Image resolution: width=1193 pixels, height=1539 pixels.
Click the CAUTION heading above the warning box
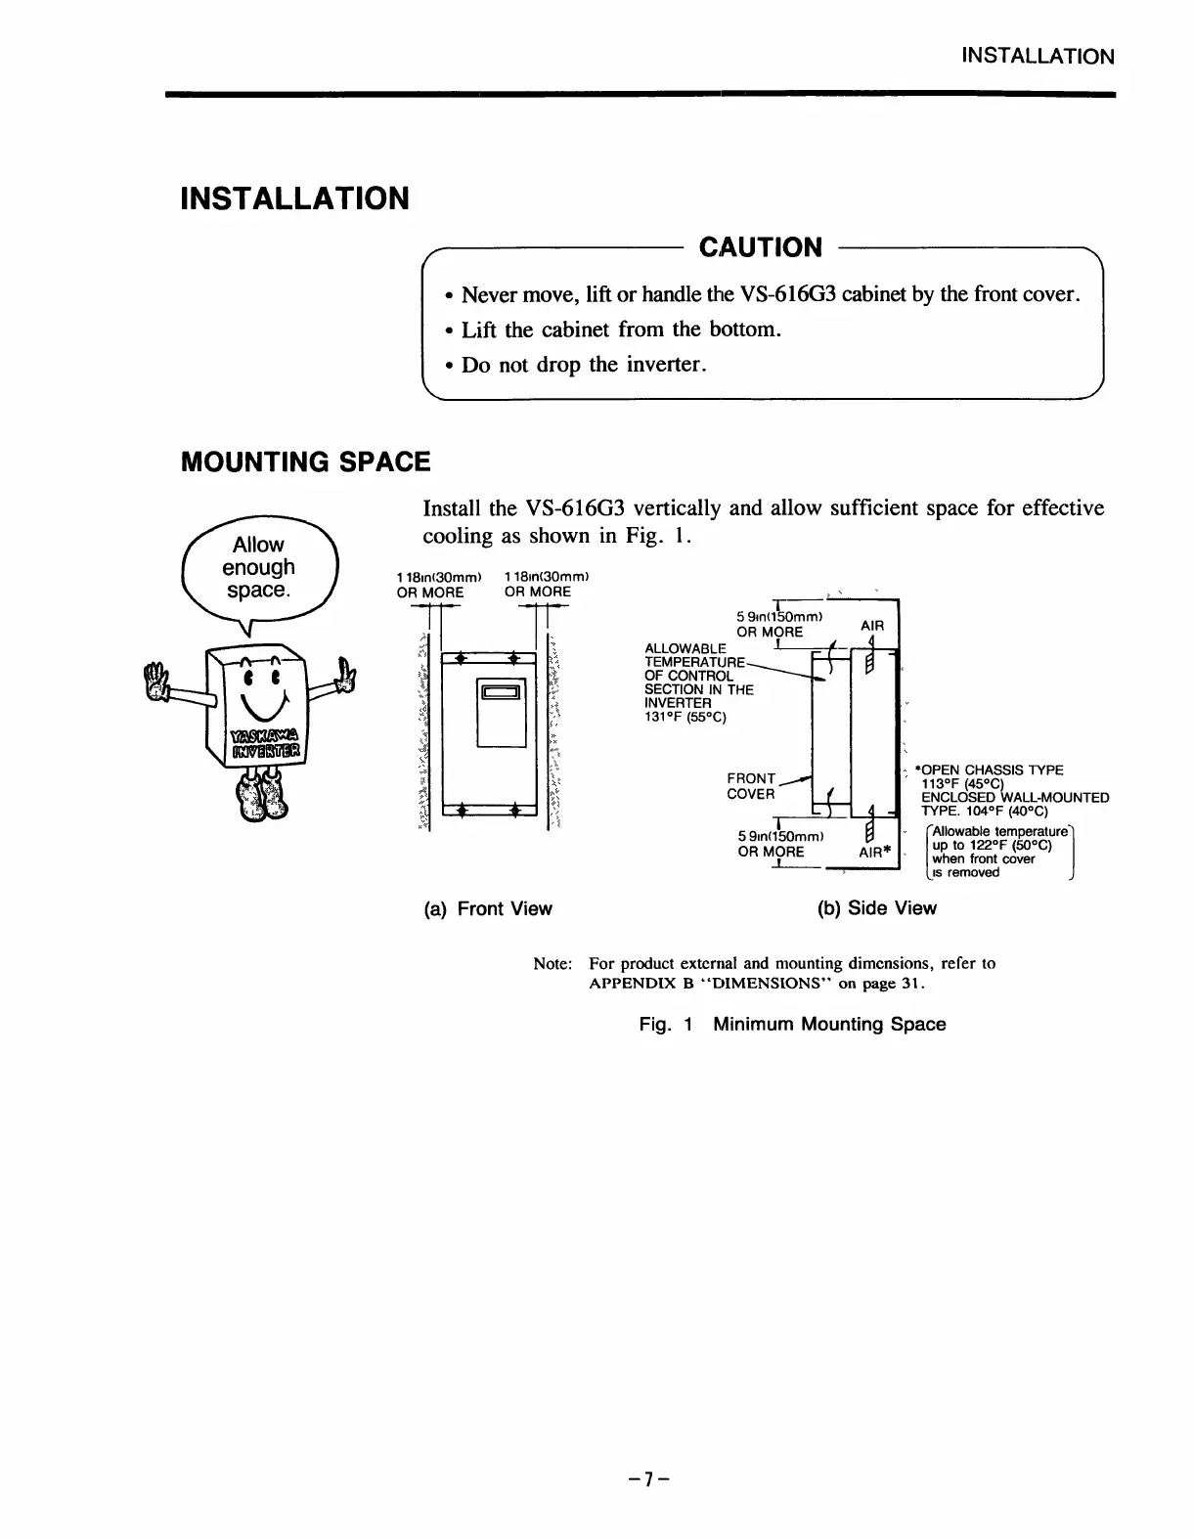coord(760,247)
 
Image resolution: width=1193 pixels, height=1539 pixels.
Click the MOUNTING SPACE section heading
coord(305,462)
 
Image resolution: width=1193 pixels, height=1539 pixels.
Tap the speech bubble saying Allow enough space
coord(258,568)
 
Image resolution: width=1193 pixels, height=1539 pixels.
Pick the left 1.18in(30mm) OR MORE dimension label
coord(429,585)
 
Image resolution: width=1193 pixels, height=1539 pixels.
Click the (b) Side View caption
coord(876,908)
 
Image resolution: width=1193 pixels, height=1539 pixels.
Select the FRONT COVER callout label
coord(751,787)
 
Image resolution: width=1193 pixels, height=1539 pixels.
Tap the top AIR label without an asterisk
coord(871,625)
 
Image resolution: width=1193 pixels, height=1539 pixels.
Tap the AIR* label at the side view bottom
coord(876,852)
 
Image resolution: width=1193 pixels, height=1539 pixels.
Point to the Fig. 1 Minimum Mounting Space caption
coord(792,1024)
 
